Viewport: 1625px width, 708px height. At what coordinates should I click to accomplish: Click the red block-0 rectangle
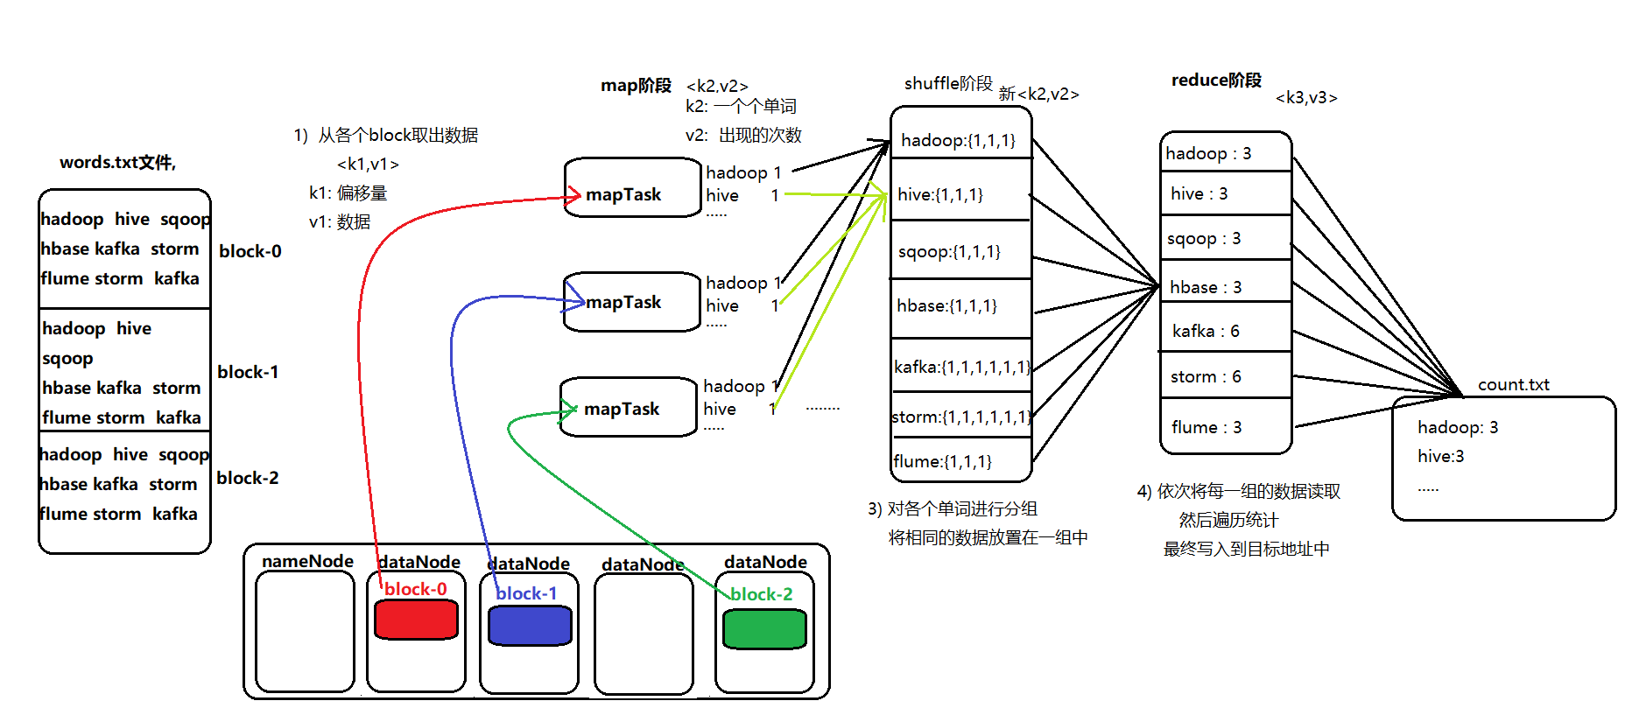tap(416, 620)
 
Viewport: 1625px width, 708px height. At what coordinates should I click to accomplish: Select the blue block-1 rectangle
tap(530, 626)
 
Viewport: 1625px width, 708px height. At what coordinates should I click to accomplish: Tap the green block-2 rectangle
tap(764, 629)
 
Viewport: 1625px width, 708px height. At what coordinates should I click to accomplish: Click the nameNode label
tap(307, 561)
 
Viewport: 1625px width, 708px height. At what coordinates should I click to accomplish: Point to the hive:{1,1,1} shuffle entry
tap(940, 194)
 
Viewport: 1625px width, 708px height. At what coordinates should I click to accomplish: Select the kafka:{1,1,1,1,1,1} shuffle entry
tap(961, 367)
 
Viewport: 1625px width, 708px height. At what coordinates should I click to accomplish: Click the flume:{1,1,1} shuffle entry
tap(942, 461)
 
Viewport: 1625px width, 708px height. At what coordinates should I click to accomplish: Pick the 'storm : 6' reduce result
tap(1206, 376)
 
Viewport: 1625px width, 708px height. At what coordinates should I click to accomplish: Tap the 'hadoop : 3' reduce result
tap(1208, 153)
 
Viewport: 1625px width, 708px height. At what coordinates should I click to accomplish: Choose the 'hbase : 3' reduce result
tap(1206, 287)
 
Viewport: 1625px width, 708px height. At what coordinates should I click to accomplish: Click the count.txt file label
tap(1513, 384)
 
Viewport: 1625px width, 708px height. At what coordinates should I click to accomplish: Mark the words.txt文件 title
tap(117, 162)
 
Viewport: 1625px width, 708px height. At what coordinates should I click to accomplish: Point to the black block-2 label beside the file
tap(248, 478)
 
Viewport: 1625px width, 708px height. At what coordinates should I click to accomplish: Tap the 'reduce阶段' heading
tap(1216, 81)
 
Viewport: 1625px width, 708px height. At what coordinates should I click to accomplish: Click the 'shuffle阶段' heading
tap(948, 83)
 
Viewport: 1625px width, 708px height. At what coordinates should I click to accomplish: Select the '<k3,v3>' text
tap(1306, 98)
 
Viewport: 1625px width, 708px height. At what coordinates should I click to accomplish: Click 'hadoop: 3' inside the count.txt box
tap(1458, 427)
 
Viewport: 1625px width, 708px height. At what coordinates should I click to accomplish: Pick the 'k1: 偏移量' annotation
tap(348, 193)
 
